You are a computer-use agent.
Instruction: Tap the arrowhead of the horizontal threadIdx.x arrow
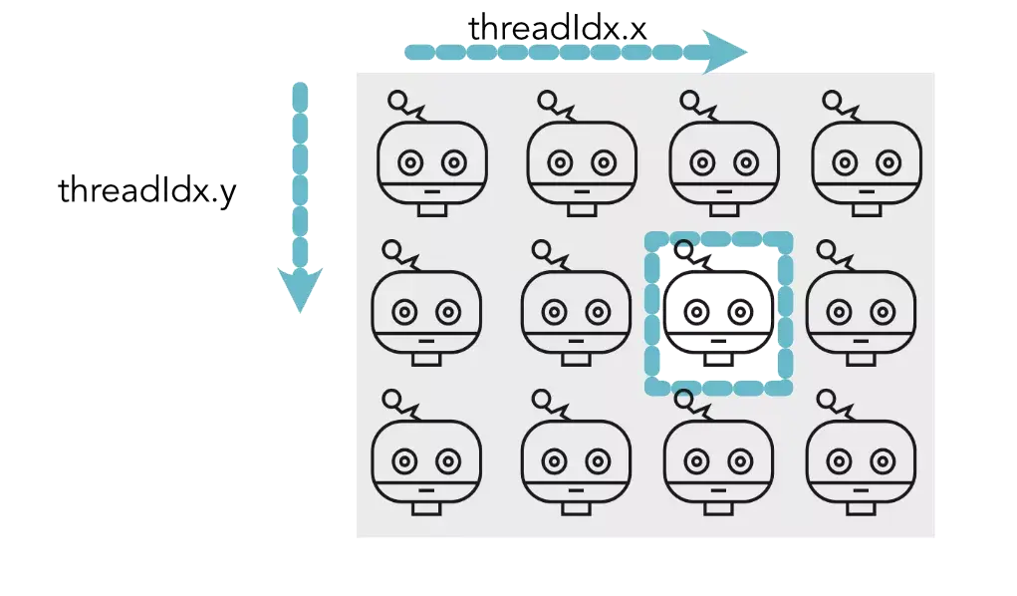[x=724, y=52]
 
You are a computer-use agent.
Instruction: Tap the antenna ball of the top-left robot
[x=397, y=99]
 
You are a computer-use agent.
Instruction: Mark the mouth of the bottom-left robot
[x=426, y=490]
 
